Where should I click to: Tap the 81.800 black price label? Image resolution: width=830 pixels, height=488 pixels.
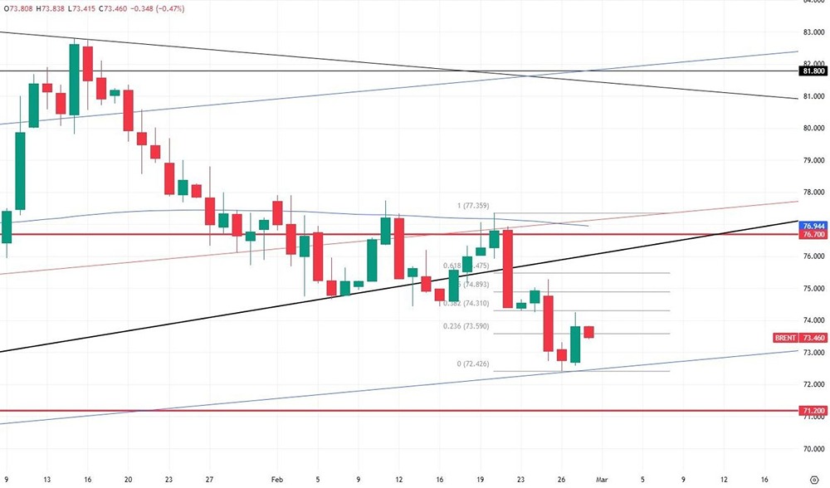[x=813, y=71]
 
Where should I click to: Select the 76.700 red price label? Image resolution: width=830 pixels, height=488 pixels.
[x=813, y=235]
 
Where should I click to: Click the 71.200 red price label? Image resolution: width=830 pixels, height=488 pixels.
[x=813, y=411]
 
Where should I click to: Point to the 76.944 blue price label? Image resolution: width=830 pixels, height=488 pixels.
[x=813, y=226]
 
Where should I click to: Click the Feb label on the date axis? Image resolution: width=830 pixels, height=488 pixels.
[x=276, y=480]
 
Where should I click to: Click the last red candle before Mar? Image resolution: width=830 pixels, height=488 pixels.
[x=588, y=332]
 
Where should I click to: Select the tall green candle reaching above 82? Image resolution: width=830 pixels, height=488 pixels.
[x=74, y=79]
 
